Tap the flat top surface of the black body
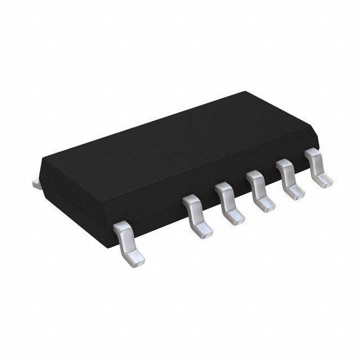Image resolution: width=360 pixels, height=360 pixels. pos(169,135)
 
